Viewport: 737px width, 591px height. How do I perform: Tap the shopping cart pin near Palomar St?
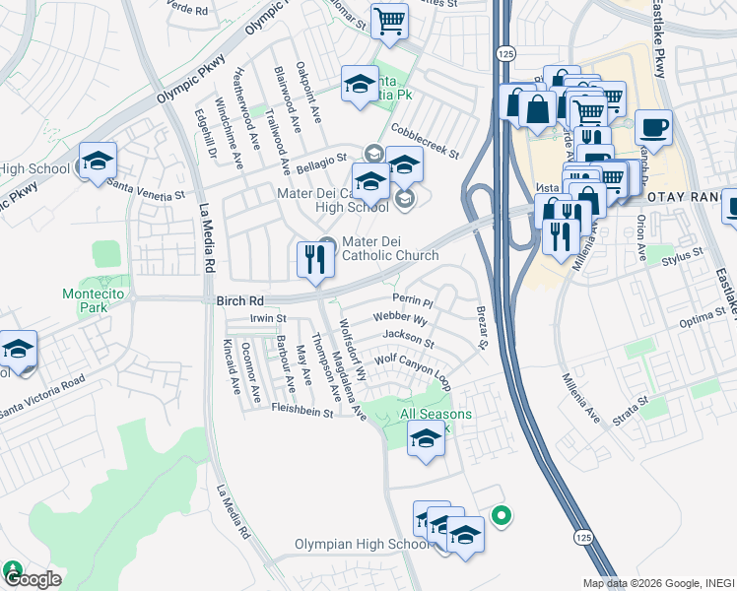tap(389, 21)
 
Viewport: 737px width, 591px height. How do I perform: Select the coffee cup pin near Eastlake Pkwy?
tap(653, 128)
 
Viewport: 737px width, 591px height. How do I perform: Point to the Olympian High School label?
tap(361, 545)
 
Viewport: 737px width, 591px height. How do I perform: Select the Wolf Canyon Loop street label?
tap(412, 365)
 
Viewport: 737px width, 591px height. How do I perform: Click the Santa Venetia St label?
tap(146, 190)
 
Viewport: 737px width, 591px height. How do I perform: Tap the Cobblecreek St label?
tap(426, 141)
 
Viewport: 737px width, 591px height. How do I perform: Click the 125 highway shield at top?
tap(504, 53)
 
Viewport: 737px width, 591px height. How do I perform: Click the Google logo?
tap(32, 579)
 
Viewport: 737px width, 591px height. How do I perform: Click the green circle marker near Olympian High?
tap(501, 515)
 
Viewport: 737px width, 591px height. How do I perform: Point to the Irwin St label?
tap(268, 318)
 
